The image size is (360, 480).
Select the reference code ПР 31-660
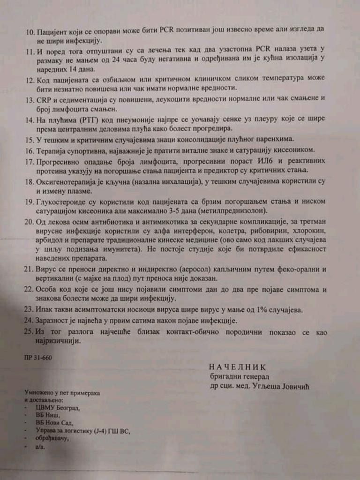click(38, 357)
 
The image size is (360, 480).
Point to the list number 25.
click(30, 332)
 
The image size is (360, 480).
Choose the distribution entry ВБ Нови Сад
click(54, 423)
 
